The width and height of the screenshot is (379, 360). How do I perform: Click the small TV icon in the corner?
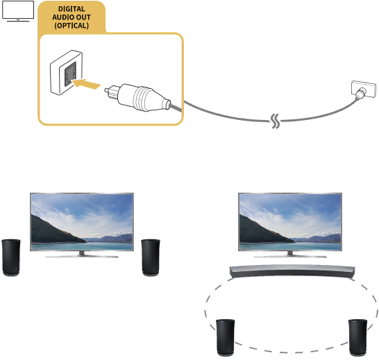coord(18,11)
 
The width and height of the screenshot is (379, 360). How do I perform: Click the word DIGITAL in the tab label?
coord(71,9)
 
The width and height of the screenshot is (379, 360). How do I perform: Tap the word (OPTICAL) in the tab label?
coord(71,26)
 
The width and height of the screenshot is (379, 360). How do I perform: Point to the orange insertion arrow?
coord(86,85)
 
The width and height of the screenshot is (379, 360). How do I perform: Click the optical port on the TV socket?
coord(70,74)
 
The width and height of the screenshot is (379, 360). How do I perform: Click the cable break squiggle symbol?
coord(276,121)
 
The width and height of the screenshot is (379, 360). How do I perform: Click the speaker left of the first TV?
coord(11,257)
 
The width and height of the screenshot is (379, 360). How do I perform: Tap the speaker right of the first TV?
coord(151,257)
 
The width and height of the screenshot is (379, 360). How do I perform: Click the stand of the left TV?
coord(82,255)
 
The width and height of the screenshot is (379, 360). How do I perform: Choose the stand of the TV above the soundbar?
coord(290,255)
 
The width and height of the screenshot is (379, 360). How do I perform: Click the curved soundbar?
coord(292,271)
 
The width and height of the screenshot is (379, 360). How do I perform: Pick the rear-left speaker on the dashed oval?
coord(226,338)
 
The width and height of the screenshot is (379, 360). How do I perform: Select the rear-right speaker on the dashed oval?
coord(357,338)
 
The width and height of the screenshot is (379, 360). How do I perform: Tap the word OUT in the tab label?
coord(83,17)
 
